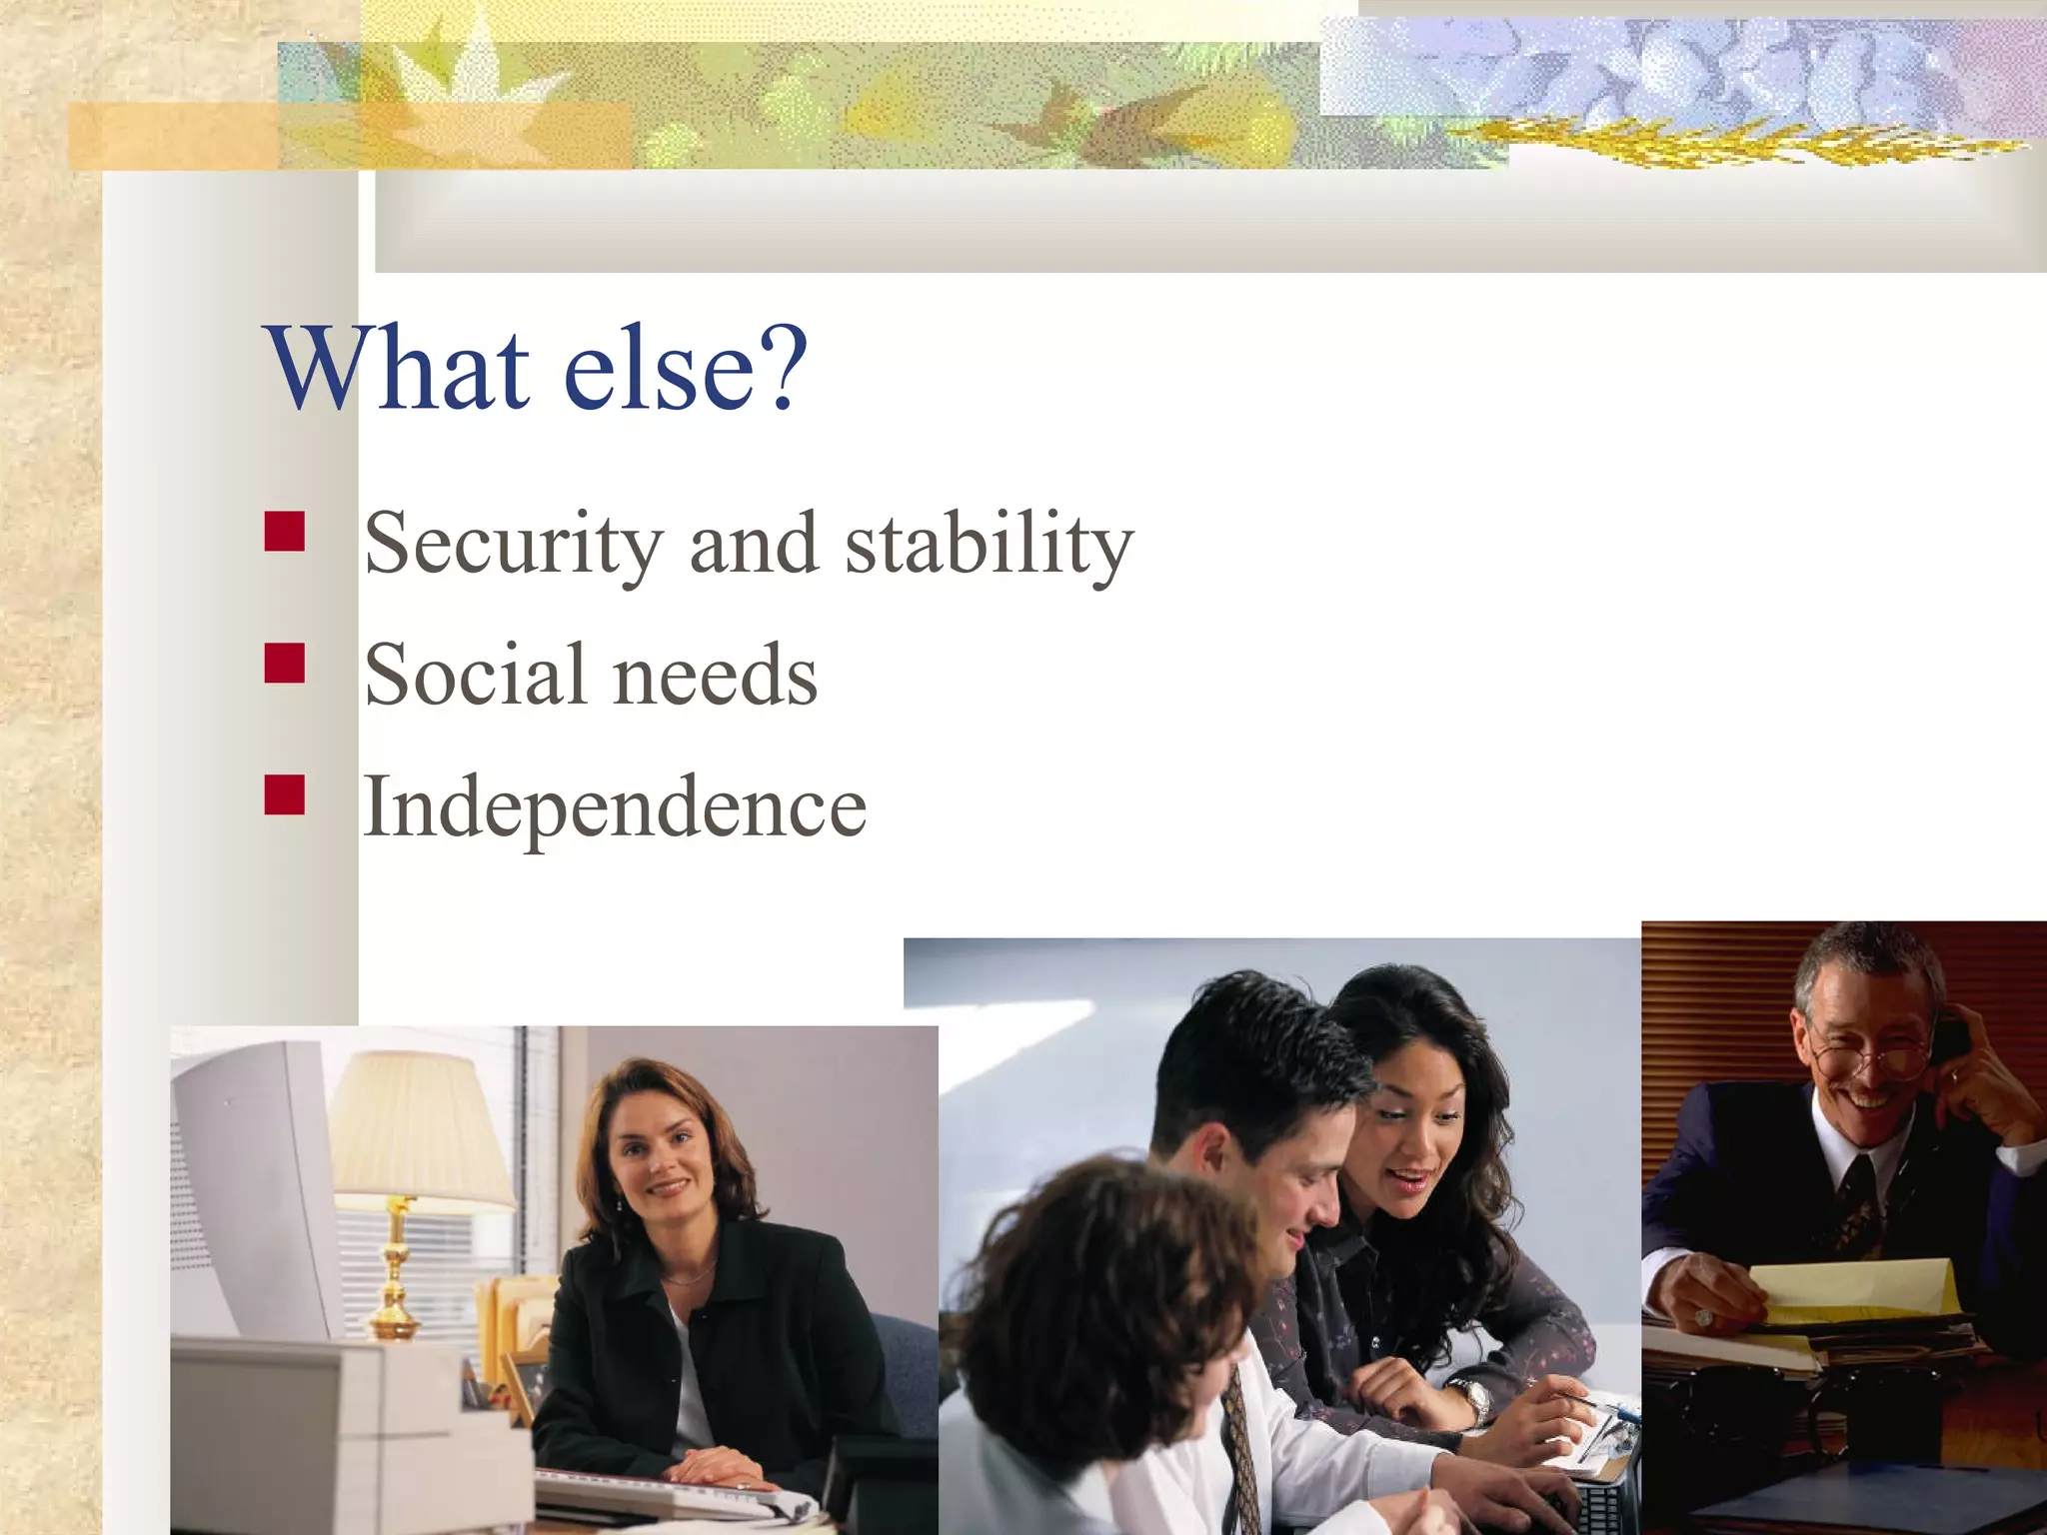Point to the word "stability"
point(990,545)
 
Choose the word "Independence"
point(614,807)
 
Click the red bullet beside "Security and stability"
point(285,532)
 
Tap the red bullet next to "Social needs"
point(285,663)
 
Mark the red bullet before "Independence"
point(285,794)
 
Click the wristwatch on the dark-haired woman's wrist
point(1470,1400)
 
